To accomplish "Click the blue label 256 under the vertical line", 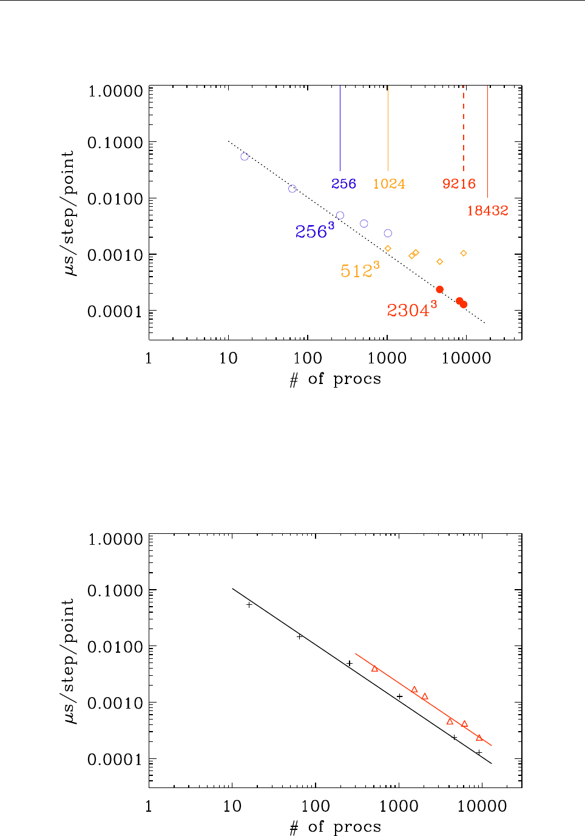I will [x=343, y=184].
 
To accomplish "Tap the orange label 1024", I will [x=389, y=184].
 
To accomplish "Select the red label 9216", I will [x=459, y=184].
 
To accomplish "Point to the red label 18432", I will [x=487, y=211].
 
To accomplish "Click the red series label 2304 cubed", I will [x=411, y=310].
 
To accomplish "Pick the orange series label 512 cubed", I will [x=360, y=270].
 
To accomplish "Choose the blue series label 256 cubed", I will [x=314, y=231].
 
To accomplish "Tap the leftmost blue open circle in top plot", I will [x=245, y=157].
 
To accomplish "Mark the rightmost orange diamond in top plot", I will [x=464, y=253].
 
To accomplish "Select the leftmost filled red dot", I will [x=440, y=289].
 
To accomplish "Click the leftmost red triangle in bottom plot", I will [x=374, y=669].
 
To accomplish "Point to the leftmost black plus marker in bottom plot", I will [x=249, y=605].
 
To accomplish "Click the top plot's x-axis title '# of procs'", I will [x=336, y=379].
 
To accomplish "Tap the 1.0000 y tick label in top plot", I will [x=115, y=91].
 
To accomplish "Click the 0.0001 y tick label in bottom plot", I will [x=115, y=760].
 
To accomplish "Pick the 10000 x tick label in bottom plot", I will [x=482, y=806].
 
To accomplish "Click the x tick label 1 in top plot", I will [x=149, y=358].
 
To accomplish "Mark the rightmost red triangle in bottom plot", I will [x=479, y=738].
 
